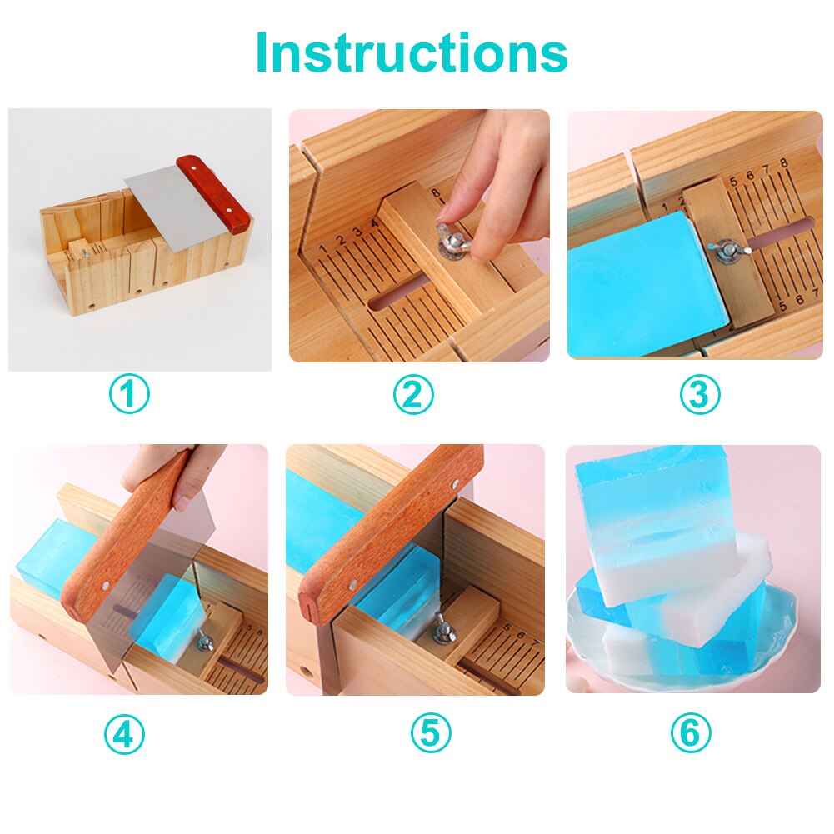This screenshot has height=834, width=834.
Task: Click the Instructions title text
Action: click(412, 52)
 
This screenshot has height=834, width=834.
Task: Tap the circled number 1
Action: click(129, 394)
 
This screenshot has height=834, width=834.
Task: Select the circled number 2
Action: click(413, 394)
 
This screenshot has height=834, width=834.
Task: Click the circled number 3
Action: click(699, 394)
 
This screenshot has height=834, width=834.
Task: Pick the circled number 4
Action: click(124, 734)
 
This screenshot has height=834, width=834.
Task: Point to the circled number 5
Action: click(430, 734)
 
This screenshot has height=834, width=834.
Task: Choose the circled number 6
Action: click(691, 734)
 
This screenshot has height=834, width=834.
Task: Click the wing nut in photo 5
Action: click(444, 629)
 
